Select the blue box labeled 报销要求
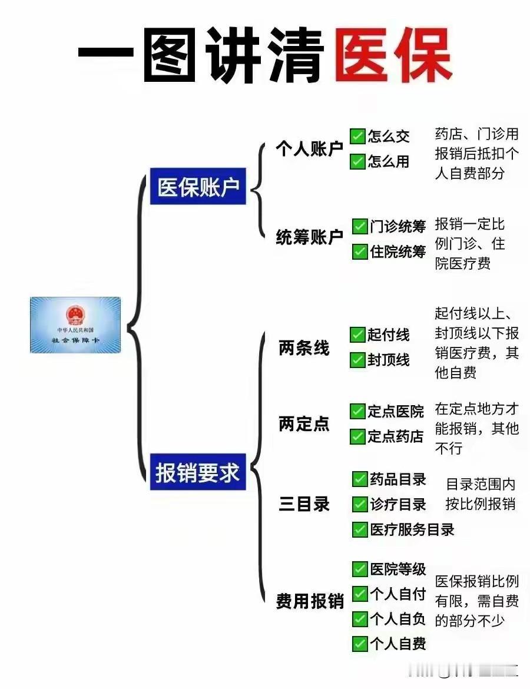198,472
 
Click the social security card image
75,324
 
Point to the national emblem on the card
75,314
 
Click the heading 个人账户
309,149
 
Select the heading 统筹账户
309,237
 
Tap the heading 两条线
304,348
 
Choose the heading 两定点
304,424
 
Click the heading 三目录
304,504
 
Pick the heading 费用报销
310,602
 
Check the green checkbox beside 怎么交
357,137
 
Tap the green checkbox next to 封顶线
357,360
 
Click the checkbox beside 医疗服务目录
359,529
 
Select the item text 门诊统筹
397,227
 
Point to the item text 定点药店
396,436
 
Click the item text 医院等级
397,569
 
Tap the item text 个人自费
397,644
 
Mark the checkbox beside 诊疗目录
359,505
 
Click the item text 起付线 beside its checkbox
389,335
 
